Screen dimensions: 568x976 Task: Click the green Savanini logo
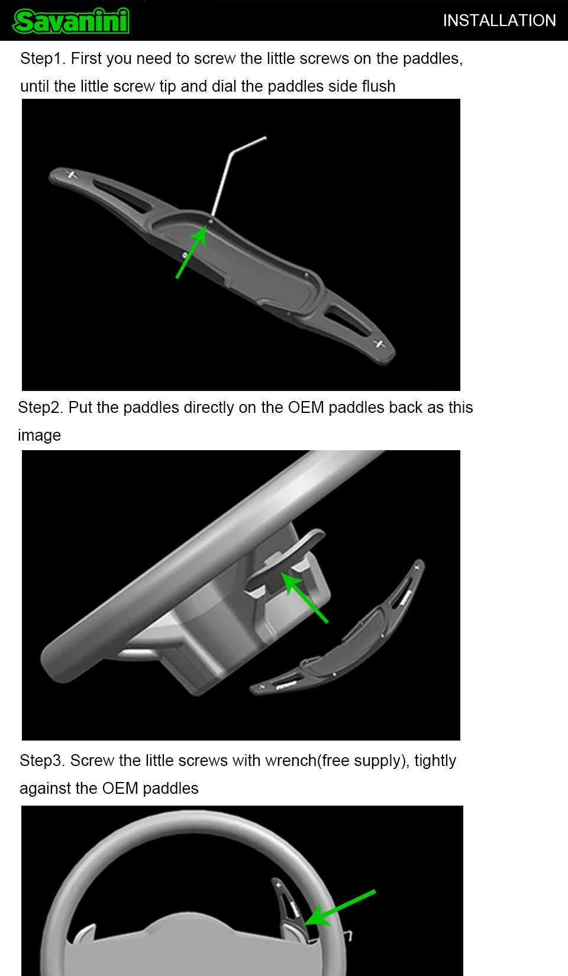pos(71,21)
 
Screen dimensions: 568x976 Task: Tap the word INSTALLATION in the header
pos(499,21)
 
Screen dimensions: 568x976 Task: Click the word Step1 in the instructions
pos(43,59)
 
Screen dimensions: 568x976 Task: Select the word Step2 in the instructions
pos(41,408)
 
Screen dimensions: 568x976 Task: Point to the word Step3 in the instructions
pos(42,761)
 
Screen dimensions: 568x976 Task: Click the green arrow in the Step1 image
pos(191,251)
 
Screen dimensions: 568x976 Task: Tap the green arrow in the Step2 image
pos(304,597)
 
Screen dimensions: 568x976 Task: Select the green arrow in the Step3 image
pos(340,907)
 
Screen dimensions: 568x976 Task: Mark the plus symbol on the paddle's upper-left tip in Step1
pos(72,174)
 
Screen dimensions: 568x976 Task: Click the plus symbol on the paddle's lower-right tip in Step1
pos(380,344)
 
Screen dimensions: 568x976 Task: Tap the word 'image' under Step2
pos(39,436)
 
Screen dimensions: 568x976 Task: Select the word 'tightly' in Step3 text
pos(435,761)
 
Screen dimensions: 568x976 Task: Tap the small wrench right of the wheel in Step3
pos(348,935)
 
